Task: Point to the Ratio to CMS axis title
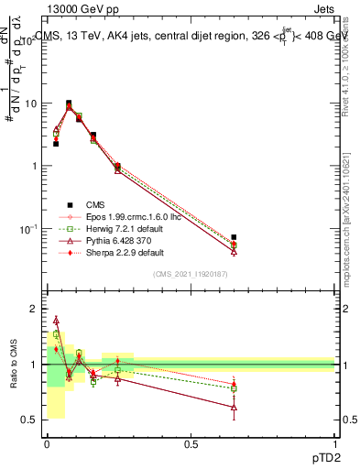pos(14,364)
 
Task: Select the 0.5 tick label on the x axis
pos(191,443)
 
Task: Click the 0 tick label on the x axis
pos(47,443)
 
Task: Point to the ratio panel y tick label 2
pos(33,310)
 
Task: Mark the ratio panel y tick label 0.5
pos(28,420)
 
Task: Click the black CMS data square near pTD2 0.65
pos(234,237)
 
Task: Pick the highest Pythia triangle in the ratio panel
pos(56,321)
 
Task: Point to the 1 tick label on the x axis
pos(334,443)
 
